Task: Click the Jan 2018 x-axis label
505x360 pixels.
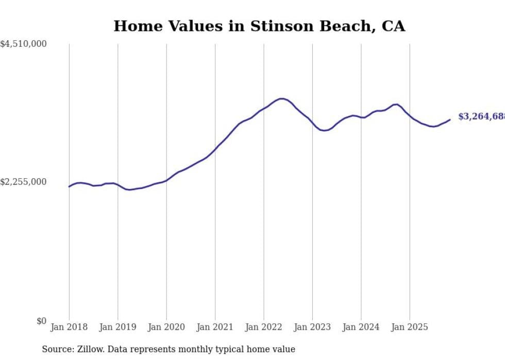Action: coord(69,327)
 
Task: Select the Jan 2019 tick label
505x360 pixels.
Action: coord(117,327)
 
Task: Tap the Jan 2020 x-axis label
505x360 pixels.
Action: coord(166,327)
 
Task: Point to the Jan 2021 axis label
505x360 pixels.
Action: coord(215,327)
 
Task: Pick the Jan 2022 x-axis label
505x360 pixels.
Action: coord(264,327)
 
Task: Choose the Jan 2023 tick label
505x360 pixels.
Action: coord(312,327)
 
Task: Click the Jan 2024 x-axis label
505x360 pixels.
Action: coord(361,327)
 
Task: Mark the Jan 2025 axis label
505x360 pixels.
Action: coord(410,327)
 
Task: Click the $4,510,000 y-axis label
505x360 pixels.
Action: coord(23,44)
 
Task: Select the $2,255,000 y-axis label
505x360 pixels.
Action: coord(23,182)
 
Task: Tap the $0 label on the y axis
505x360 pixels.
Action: coord(41,321)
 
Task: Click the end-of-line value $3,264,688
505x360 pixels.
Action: coord(481,117)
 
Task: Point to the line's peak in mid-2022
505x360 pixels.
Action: coord(281,98)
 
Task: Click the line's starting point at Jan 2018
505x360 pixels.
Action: coord(69,186)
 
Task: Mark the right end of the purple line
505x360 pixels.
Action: coord(450,119)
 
